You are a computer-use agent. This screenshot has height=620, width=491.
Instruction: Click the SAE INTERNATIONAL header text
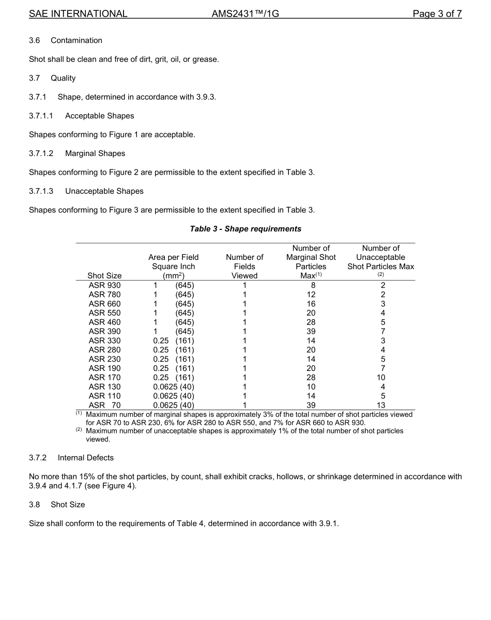coord(78,14)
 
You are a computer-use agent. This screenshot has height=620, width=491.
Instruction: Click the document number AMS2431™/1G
coord(245,14)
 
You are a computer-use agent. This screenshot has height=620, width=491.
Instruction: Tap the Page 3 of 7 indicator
coord(437,14)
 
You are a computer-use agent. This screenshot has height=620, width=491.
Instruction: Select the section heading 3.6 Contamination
coord(66,40)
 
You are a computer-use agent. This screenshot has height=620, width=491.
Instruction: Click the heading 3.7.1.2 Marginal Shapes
coord(77,153)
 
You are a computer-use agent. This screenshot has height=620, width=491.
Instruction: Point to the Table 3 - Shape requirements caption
coord(245,229)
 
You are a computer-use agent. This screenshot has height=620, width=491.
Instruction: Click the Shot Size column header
coord(104,276)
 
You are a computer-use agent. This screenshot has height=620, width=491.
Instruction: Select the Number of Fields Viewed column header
coord(244,267)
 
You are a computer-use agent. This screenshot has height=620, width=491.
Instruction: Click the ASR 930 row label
coord(104,285)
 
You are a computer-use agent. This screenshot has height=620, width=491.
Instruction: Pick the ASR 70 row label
coord(104,406)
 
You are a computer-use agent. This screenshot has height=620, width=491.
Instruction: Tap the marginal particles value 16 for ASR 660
coord(311,304)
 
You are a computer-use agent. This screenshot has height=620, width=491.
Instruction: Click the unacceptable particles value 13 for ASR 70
coord(381,406)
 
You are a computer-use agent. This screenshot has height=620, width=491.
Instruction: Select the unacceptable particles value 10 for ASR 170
coord(381,378)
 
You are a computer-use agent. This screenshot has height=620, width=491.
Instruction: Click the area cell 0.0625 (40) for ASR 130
coord(174,387)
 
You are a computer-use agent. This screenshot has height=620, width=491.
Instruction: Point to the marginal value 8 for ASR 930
coord(311,285)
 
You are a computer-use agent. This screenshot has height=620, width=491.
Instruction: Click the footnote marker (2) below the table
coord(80,430)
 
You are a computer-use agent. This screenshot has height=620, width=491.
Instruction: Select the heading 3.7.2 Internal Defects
coord(71,458)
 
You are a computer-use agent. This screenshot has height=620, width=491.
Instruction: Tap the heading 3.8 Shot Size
coord(57,505)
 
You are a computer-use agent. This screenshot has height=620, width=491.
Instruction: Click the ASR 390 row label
coord(104,332)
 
